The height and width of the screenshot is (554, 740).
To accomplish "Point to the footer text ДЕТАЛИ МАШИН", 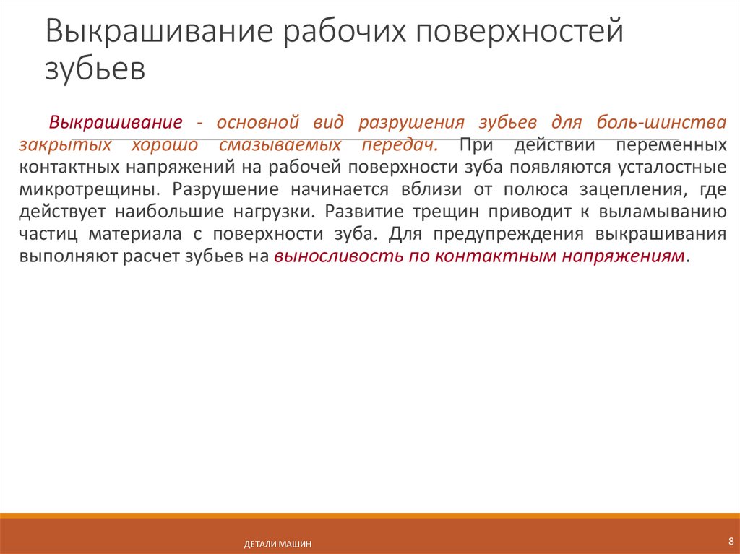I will coord(277,544).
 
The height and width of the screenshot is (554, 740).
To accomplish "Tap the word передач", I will coord(400,144).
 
